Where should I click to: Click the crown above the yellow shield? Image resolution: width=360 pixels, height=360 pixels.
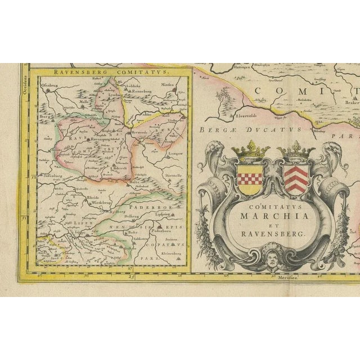pyautogui.click(x=250, y=151)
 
